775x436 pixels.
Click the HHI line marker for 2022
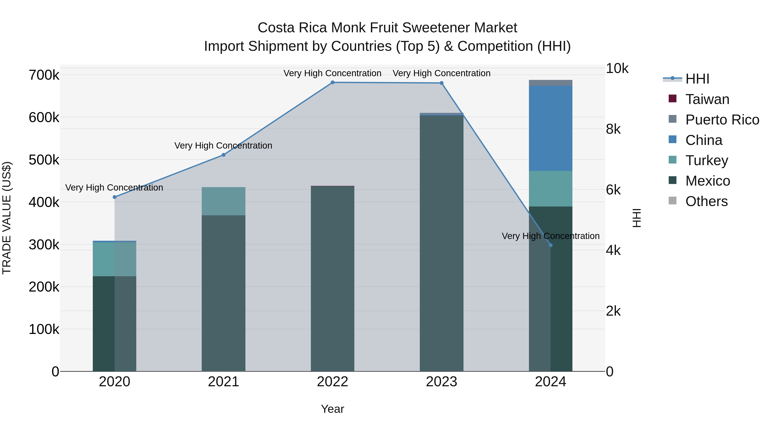click(x=332, y=82)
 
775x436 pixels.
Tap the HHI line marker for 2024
click(x=550, y=245)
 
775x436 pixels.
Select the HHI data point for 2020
click(x=114, y=197)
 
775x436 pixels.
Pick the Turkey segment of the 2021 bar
click(x=223, y=201)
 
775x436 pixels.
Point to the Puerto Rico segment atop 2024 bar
click(x=550, y=83)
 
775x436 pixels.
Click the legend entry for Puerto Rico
click(x=722, y=120)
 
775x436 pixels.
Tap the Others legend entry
click(x=706, y=201)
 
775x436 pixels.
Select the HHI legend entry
click(x=697, y=79)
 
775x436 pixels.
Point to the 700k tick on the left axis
click(x=44, y=75)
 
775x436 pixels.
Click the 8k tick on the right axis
click(x=613, y=129)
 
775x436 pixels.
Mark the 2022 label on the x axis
click(x=332, y=382)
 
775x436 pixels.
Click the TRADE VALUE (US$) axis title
click(x=7, y=218)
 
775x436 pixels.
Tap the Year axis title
click(x=332, y=409)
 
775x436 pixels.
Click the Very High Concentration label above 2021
click(x=223, y=146)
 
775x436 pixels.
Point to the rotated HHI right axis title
click(x=637, y=218)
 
